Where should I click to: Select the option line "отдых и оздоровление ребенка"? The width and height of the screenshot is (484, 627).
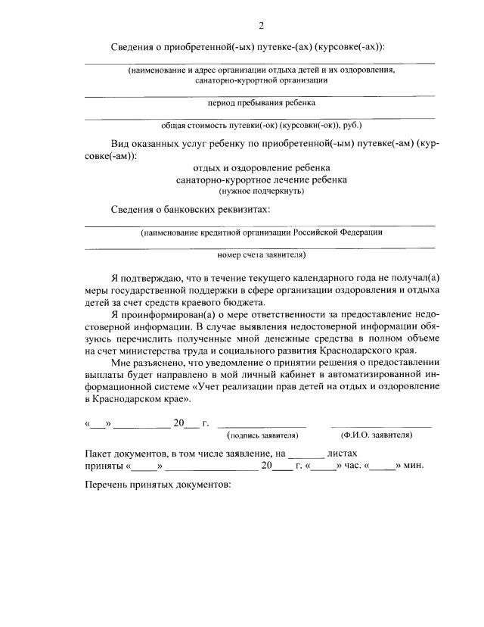click(262, 167)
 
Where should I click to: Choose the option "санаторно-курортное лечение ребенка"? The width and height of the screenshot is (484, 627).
click(262, 180)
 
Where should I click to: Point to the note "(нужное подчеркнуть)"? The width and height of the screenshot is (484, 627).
click(262, 192)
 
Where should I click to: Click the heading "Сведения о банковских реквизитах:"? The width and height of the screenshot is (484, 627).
click(190, 209)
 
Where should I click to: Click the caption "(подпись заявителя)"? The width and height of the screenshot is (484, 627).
click(262, 435)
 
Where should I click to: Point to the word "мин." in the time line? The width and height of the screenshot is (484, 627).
click(414, 465)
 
